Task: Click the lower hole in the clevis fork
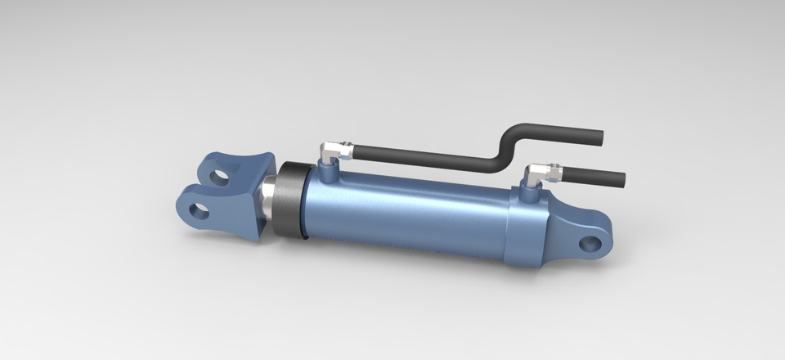point(198,211)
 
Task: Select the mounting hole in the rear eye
point(590,243)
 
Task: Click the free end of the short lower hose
point(621,178)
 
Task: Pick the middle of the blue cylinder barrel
point(409,213)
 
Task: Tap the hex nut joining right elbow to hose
point(556,172)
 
